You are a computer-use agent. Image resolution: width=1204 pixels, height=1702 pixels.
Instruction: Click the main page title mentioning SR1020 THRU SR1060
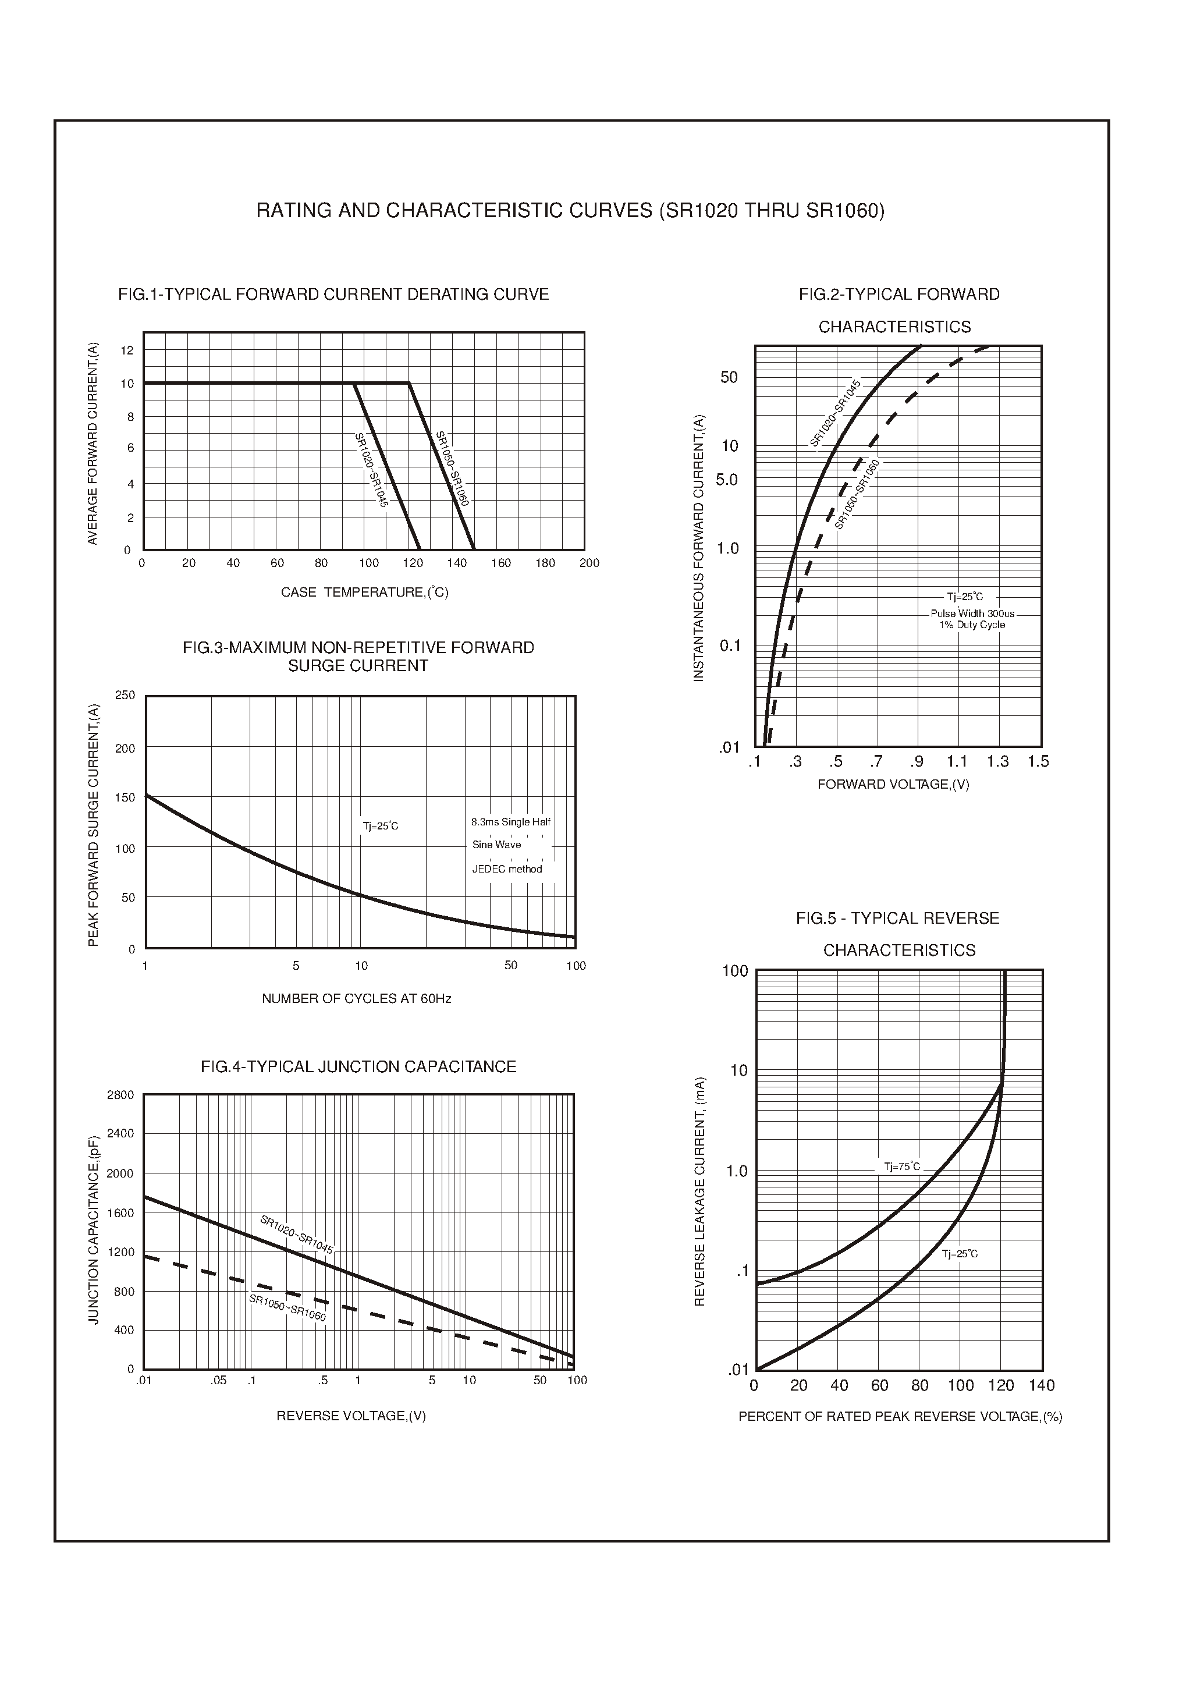pos(570,211)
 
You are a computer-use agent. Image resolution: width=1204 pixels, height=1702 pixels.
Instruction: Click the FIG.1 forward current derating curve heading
pos(333,295)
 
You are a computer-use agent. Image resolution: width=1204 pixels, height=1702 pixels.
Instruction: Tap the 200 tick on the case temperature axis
pos(589,563)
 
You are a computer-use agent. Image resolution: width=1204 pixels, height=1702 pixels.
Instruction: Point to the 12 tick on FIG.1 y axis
pos(127,350)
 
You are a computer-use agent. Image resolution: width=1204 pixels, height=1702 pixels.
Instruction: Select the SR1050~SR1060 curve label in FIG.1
pos(452,469)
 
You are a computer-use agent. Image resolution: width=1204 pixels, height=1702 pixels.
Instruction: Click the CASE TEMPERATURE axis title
pos(364,592)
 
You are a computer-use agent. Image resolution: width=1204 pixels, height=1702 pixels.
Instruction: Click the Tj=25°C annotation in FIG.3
pos(381,826)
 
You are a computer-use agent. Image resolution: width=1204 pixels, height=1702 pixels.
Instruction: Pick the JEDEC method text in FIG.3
pos(507,869)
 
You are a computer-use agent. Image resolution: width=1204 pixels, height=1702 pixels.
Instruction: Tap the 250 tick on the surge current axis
pos(125,695)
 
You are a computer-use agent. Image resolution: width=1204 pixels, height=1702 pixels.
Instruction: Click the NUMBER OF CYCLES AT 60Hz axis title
pos(357,999)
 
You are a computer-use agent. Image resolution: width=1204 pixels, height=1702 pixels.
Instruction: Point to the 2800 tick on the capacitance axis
pos(120,1095)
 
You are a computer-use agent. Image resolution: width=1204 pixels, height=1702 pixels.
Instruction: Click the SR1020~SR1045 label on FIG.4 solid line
pos(296,1233)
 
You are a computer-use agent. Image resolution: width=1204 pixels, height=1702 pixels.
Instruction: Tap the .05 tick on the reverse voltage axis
pos(218,1380)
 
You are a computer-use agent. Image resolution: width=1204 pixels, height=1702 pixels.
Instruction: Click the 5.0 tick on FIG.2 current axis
pos(727,480)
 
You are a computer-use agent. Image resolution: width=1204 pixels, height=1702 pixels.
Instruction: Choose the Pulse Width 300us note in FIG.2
pos(972,614)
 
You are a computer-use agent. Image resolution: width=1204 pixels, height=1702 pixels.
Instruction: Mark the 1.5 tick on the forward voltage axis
pos(1038,761)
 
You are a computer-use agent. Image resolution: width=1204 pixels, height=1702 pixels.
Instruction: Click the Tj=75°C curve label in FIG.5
pos(901,1166)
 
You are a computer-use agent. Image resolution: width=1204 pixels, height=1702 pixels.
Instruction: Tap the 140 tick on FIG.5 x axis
pos(1042,1385)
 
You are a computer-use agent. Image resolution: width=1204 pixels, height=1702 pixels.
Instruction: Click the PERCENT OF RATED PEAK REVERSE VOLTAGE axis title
pos(900,1416)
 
